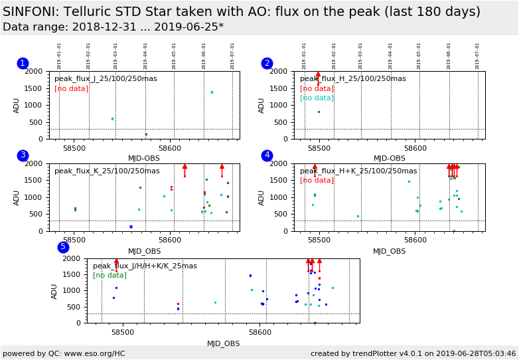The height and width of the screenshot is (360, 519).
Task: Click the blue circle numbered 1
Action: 23,63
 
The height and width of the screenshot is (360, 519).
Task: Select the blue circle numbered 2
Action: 267,63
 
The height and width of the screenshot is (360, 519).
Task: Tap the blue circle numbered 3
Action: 23,155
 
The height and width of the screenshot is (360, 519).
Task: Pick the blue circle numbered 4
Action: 267,155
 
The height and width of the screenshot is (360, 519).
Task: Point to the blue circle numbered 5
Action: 63,247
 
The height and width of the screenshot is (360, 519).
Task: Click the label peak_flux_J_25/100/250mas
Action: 106,78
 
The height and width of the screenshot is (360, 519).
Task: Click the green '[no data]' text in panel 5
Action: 110,275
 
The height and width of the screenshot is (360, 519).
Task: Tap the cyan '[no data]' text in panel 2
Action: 317,98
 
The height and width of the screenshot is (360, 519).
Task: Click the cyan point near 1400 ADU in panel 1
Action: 212,92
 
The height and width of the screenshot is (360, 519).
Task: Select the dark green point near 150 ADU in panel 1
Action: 146,134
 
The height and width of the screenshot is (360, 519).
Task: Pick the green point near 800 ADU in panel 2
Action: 319,112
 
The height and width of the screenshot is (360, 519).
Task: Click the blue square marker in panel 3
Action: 131,226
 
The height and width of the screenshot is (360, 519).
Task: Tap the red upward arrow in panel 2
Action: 318,76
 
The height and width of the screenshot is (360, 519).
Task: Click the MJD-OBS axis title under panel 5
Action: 223,343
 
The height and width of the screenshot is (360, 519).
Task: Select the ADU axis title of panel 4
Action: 262,197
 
